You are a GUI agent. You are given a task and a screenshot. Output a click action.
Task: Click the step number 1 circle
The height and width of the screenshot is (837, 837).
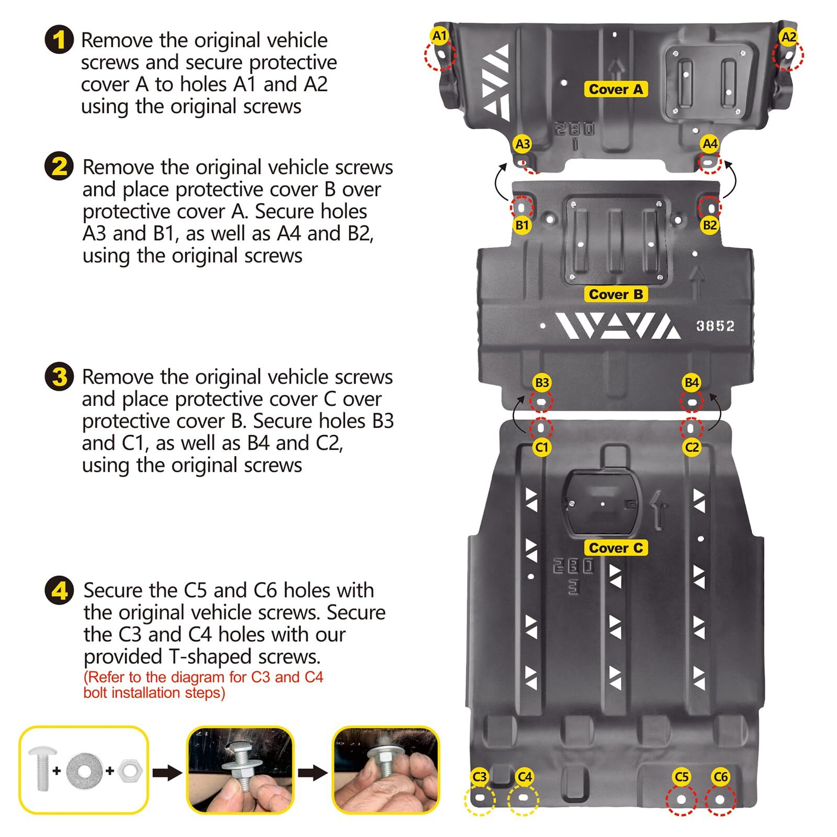[59, 40]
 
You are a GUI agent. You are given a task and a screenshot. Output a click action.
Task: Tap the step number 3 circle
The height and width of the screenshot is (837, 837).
[59, 377]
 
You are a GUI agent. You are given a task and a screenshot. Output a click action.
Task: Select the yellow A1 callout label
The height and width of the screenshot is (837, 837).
[440, 36]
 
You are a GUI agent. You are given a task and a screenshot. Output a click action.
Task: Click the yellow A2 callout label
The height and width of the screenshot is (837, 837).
[788, 37]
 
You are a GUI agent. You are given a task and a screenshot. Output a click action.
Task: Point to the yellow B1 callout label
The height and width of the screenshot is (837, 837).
[522, 225]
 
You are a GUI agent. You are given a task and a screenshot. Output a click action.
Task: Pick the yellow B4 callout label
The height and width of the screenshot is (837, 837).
[692, 382]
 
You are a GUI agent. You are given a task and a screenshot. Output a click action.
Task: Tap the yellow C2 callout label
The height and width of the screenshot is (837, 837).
[692, 447]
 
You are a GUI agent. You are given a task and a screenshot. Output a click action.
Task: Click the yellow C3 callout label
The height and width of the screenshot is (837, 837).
[479, 777]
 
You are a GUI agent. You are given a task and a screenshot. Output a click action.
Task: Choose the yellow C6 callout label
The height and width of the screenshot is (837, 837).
[720, 777]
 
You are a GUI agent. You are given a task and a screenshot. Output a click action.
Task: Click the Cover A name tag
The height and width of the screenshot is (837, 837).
[616, 89]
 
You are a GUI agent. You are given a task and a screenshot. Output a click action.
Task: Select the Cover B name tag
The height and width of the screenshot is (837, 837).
[616, 295]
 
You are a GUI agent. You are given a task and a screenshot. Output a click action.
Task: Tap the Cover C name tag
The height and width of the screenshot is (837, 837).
[616, 548]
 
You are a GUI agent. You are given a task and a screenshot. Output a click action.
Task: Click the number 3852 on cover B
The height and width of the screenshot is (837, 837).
[715, 326]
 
